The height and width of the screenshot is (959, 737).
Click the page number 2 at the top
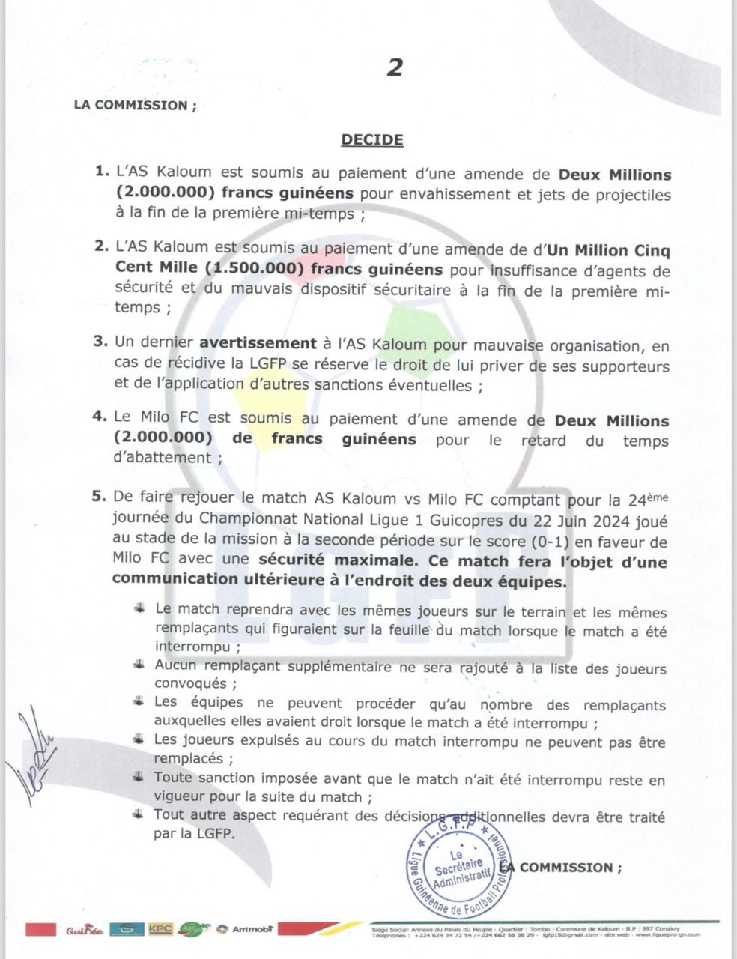(x=395, y=67)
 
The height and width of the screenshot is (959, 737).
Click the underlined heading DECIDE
(x=372, y=139)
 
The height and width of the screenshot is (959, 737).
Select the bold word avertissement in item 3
(x=258, y=344)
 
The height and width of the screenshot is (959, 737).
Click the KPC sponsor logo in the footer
(x=160, y=929)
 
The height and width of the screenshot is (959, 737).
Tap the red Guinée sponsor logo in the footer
(x=83, y=930)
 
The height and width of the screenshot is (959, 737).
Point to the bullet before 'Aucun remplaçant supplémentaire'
(x=139, y=665)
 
